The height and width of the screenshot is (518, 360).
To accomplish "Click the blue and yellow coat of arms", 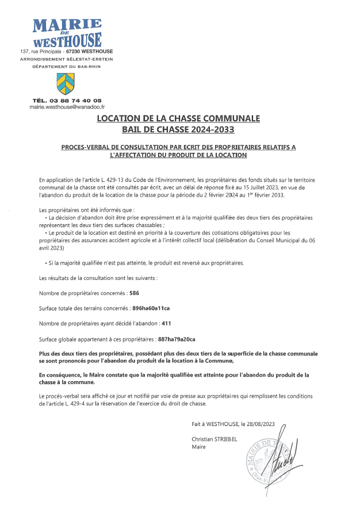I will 65,84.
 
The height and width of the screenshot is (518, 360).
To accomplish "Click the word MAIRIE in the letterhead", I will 67,25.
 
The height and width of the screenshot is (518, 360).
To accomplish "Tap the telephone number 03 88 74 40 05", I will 78,101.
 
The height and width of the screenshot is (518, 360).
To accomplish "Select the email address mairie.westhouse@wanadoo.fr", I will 67,107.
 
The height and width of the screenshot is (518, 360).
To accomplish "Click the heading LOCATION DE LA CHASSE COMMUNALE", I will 178,118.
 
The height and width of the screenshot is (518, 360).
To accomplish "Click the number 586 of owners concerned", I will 135,293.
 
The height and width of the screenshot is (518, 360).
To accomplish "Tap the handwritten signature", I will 290,454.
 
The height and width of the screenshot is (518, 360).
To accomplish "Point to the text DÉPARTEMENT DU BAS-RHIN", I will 67,67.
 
